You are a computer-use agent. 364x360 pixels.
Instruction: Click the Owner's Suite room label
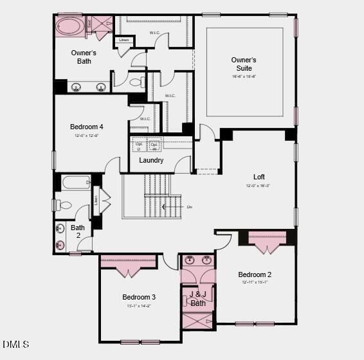click(244, 64)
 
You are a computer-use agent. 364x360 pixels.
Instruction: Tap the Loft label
click(259, 177)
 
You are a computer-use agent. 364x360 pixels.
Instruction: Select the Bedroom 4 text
click(87, 127)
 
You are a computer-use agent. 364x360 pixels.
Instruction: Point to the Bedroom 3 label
click(139, 297)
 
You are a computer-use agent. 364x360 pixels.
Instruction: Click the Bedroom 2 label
click(255, 274)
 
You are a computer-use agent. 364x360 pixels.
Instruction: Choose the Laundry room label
click(151, 160)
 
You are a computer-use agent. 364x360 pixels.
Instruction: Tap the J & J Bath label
click(198, 299)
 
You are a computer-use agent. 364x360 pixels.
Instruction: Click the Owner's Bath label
click(84, 57)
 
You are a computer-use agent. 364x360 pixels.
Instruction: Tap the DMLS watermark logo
click(17, 345)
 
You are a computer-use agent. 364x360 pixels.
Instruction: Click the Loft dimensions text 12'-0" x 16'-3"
click(259, 186)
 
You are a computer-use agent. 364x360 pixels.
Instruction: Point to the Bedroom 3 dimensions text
click(139, 306)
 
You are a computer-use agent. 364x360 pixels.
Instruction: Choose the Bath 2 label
click(78, 231)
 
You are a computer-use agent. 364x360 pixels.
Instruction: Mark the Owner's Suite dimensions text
click(244, 76)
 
